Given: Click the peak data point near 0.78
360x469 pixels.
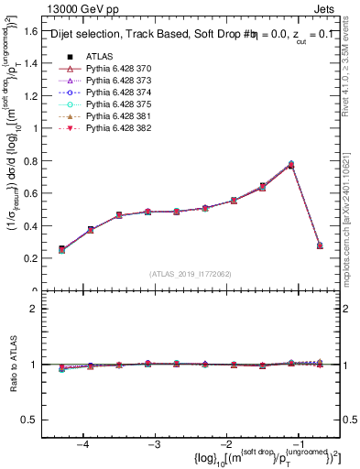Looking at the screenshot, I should [291, 165].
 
